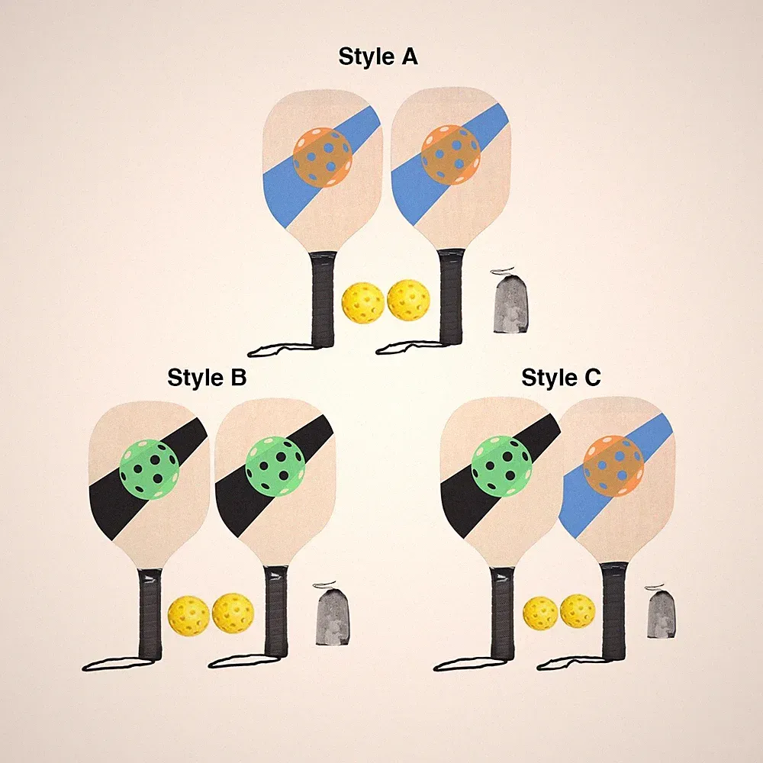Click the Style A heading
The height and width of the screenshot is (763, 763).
378,56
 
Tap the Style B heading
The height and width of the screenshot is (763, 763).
207,378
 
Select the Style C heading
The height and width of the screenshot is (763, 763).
561,378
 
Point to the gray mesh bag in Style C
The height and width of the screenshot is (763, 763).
662,613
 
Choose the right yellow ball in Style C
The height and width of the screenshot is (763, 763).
578,611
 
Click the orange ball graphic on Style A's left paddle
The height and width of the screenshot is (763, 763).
323,157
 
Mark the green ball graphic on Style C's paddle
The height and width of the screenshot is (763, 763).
502,466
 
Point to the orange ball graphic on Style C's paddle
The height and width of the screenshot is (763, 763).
613,465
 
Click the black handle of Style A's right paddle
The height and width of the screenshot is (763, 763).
451,297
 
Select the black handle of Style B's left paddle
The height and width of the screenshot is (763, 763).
150,614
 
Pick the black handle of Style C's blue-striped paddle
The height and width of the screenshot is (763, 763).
613,611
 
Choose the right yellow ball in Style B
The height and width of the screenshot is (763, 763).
233,613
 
